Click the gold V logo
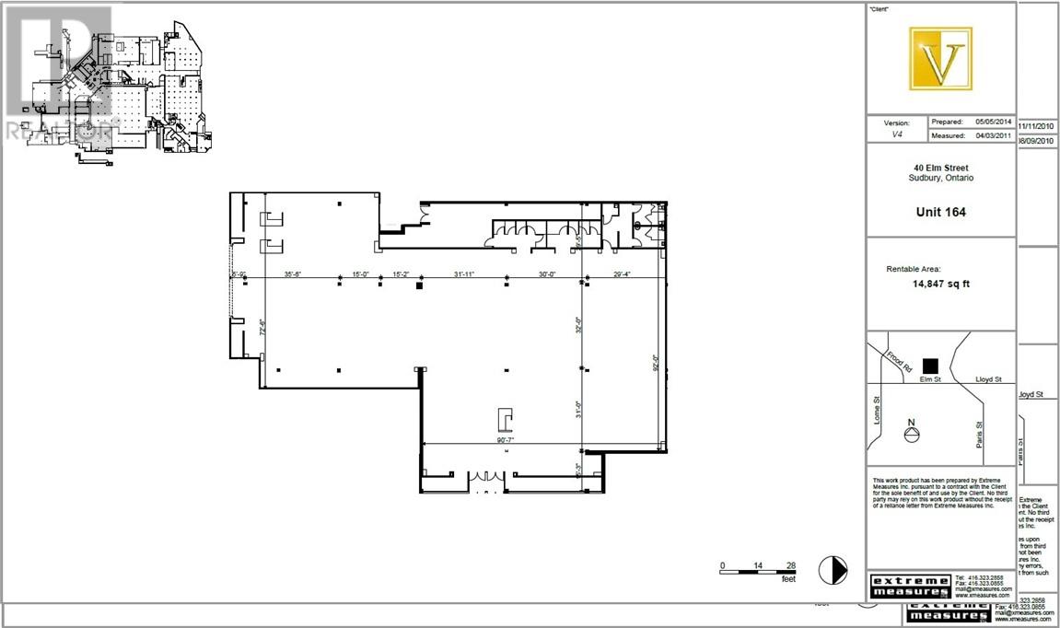click(941, 59)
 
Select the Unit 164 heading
click(940, 212)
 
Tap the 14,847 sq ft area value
click(940, 284)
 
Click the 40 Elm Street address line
click(940, 168)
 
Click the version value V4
click(896, 135)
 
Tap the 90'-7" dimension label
click(504, 440)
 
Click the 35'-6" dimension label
click(295, 273)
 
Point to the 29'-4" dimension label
click(625, 273)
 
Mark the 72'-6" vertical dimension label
click(262, 329)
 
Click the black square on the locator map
click(931, 366)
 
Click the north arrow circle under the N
click(912, 437)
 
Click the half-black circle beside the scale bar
click(833, 570)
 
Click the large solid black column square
click(419, 287)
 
